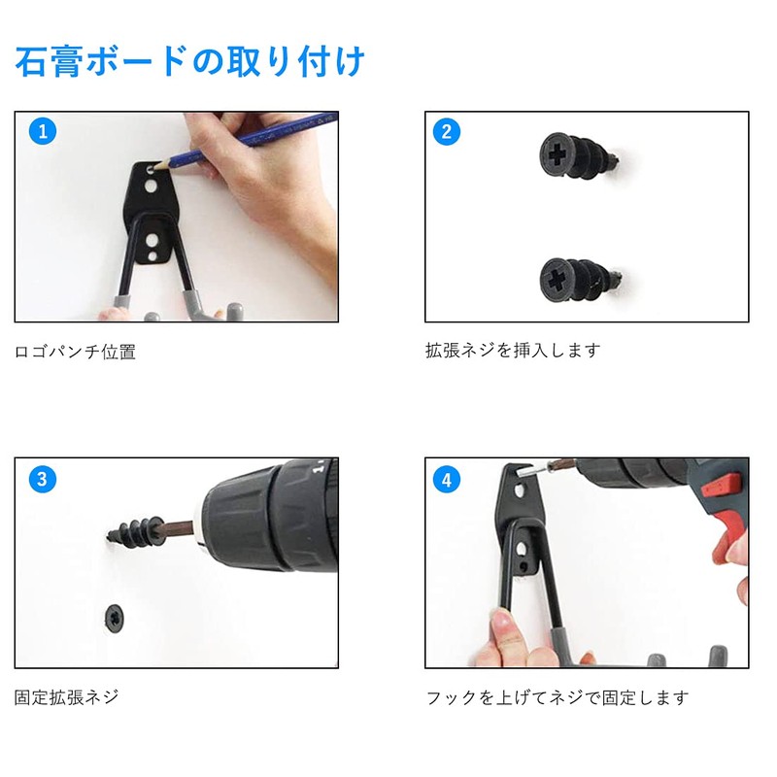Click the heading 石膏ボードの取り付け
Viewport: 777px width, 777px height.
pyautogui.click(x=190, y=62)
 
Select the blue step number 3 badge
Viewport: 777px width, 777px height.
pyautogui.click(x=41, y=479)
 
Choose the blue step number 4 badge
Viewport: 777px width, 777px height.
pyautogui.click(x=447, y=479)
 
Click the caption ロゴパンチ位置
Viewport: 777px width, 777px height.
pyautogui.click(x=75, y=352)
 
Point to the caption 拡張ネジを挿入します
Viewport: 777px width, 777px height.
pyautogui.click(x=513, y=350)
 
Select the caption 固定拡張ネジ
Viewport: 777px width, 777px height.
pyautogui.click(x=67, y=696)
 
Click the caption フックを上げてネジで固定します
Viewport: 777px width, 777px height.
pyautogui.click(x=557, y=696)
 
